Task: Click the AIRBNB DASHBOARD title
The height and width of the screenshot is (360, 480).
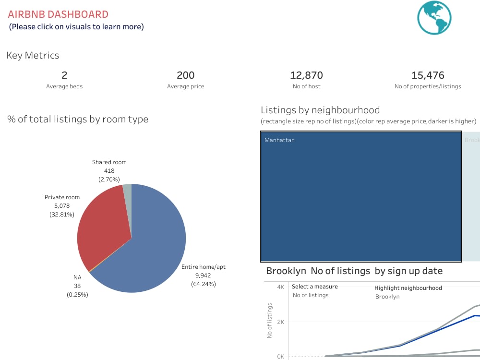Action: click(x=58, y=14)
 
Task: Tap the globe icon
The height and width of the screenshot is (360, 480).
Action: click(x=434, y=18)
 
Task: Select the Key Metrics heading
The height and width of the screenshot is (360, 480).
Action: click(x=33, y=55)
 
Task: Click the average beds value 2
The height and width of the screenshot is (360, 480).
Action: click(x=64, y=75)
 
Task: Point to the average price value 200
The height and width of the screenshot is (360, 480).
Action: click(x=185, y=75)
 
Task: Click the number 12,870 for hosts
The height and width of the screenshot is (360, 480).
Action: click(x=306, y=75)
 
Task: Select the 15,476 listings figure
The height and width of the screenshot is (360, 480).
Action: click(x=428, y=75)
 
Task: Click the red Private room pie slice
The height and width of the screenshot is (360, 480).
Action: click(x=103, y=226)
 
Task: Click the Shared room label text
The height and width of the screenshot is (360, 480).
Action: click(x=109, y=162)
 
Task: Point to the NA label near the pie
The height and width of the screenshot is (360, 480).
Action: click(x=77, y=277)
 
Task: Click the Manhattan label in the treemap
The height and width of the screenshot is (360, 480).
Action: click(x=279, y=140)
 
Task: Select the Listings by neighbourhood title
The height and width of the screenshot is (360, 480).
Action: click(x=320, y=110)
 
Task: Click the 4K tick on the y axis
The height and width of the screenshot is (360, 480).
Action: click(x=281, y=287)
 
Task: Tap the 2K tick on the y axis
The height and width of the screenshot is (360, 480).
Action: click(x=281, y=322)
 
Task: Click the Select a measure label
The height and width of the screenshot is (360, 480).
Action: click(x=314, y=287)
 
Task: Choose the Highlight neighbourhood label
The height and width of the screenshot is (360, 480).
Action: click(x=408, y=288)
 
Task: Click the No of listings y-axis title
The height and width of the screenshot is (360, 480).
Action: click(x=270, y=320)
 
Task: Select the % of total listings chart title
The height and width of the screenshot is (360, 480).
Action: click(x=78, y=119)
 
